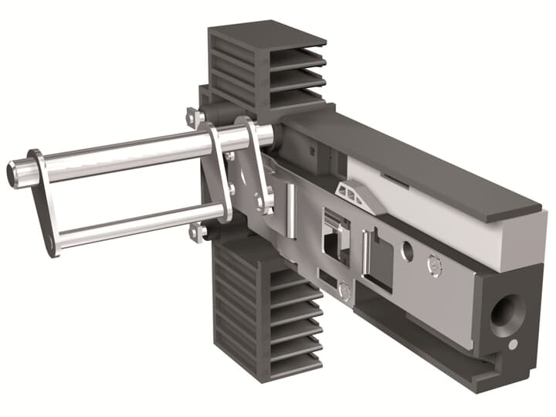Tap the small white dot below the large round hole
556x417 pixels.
point(513,343)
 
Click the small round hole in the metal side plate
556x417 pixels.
point(407,251)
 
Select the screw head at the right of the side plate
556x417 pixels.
point(435,266)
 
